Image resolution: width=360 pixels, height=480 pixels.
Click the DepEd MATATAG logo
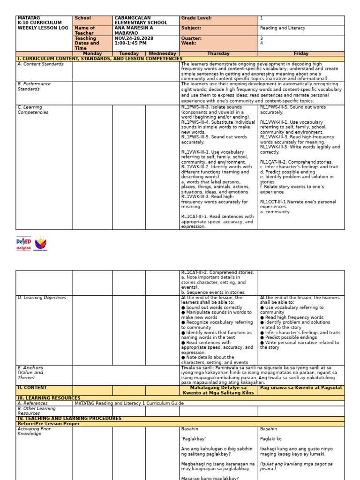pyautogui.click(x=23, y=243)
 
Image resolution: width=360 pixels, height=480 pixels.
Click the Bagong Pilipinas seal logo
pyautogui.click(x=41, y=243)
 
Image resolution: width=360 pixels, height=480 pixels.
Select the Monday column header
pyautogui.click(x=92, y=54)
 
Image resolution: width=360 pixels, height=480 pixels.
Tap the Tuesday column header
pyautogui.click(x=129, y=54)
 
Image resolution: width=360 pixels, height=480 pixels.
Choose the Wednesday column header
pyautogui.click(x=162, y=54)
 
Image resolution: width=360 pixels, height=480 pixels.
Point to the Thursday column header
pyautogui.click(x=218, y=54)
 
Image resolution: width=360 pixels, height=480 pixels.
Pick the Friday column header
pyautogui.click(x=301, y=54)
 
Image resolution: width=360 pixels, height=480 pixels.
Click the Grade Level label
pyautogui.click(x=196, y=18)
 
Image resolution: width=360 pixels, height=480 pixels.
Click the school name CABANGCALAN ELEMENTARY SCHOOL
pyautogui.click(x=141, y=21)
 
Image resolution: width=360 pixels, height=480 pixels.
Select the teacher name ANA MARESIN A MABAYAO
pyautogui.click(x=134, y=30)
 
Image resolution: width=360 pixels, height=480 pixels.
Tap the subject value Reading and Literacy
pyautogui.click(x=282, y=28)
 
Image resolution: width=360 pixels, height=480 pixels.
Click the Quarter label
pyautogui.click(x=191, y=38)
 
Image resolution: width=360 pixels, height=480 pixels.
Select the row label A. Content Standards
pyautogui.click(x=41, y=64)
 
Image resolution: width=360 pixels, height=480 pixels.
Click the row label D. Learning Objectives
pyautogui.click(x=42, y=298)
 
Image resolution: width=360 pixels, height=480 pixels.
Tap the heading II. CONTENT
pyautogui.click(x=32, y=388)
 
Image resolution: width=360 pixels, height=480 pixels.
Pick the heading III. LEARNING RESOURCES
pyautogui.click(x=49, y=398)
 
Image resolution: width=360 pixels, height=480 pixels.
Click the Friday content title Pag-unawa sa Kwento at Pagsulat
pyautogui.click(x=301, y=388)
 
